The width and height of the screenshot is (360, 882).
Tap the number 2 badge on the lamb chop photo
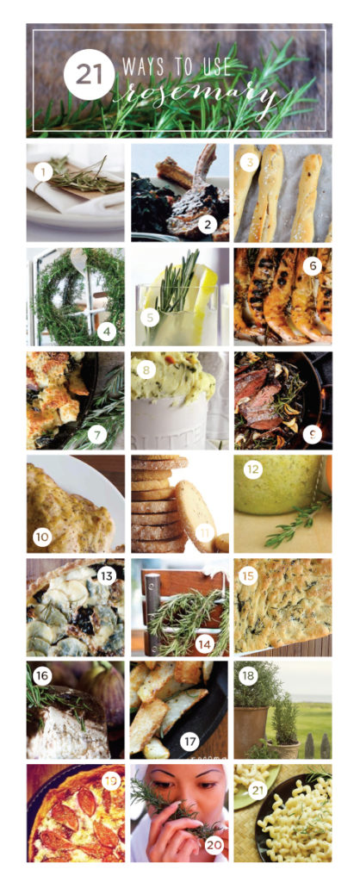[208, 226]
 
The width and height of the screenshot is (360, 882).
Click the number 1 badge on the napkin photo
[43, 173]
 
